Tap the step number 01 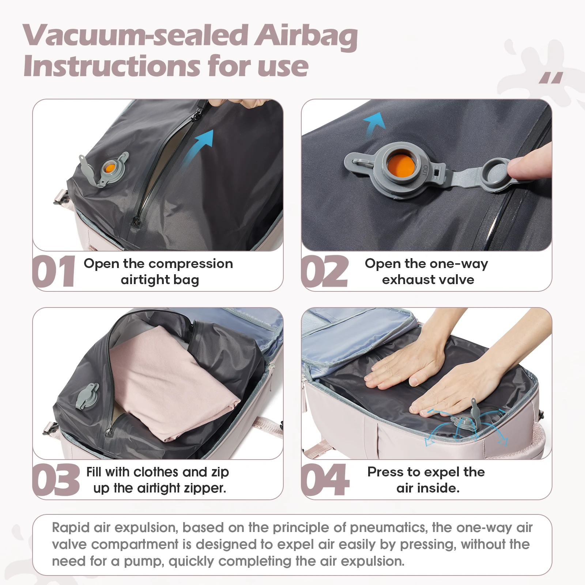click(54, 271)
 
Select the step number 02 click(324, 271)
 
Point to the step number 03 click(56, 480)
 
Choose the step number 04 click(325, 480)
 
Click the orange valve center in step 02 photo click(400, 167)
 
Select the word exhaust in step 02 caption click(403, 280)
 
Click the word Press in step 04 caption click(385, 472)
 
